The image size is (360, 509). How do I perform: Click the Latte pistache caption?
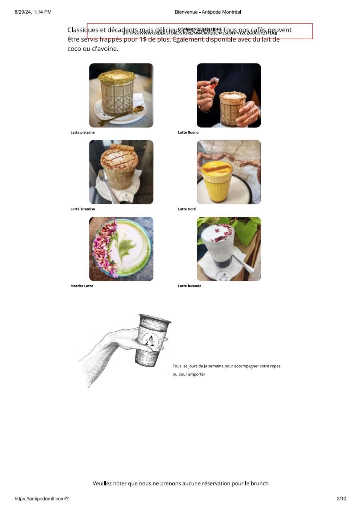coord(82,132)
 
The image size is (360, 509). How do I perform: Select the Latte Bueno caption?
coord(188,132)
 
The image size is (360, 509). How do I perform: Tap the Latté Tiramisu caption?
coord(83,209)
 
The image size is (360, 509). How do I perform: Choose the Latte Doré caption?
coord(187,209)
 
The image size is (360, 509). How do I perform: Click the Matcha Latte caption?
coord(82,286)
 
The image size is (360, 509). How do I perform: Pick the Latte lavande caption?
coord(190,286)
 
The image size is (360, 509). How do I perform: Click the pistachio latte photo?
coord(121,95)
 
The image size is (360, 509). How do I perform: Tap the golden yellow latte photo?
coord(228,172)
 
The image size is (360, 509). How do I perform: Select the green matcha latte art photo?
coord(121,249)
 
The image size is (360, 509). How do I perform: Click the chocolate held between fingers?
coord(214,82)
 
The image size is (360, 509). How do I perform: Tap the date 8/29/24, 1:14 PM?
coord(33,12)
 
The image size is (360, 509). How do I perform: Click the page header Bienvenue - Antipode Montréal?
coord(208,12)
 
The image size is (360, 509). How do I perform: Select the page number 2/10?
coord(341,499)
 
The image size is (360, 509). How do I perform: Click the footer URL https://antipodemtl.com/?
coord(42,499)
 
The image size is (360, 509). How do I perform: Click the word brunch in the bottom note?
coord(259,483)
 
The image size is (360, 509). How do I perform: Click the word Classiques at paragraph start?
coord(83,30)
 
